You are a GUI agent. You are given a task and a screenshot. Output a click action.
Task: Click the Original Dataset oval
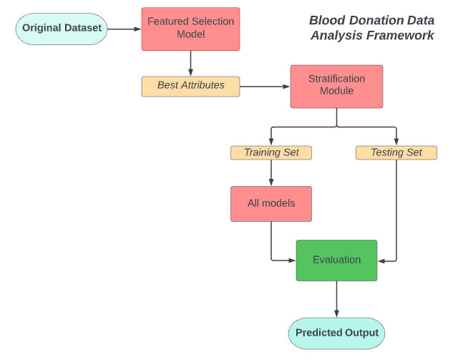click(62, 29)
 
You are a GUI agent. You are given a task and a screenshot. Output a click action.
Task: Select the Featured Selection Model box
click(190, 29)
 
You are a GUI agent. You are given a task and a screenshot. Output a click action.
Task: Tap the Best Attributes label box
click(190, 86)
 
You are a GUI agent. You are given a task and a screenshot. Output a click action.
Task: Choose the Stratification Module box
click(336, 86)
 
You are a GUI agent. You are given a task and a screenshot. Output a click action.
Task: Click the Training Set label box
click(270, 152)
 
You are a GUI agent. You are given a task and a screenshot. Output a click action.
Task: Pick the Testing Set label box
click(396, 152)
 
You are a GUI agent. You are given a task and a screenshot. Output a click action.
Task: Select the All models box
click(270, 203)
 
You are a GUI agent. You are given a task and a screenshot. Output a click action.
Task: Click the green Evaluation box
click(336, 260)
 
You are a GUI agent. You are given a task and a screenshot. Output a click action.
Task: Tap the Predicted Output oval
click(336, 333)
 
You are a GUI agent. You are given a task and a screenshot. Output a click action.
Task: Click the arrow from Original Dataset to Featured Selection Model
click(125, 29)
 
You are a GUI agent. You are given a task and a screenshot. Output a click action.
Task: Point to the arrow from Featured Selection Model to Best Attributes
click(190, 63)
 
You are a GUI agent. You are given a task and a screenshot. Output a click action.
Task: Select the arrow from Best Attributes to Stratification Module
click(265, 87)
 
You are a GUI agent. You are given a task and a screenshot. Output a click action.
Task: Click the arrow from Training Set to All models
click(270, 172)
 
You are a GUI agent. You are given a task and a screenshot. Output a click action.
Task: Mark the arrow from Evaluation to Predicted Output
click(336, 298)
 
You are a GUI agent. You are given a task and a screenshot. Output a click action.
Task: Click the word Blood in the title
click(326, 20)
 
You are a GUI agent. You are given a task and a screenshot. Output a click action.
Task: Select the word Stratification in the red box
click(336, 79)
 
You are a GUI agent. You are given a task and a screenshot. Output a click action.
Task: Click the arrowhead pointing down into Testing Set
click(396, 142)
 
